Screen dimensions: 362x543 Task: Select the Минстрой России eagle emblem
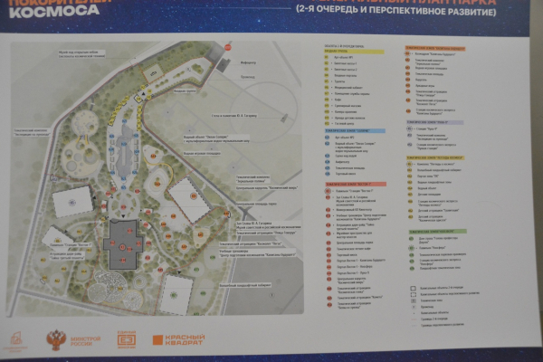coord(56,340)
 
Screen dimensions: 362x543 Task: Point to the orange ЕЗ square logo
coord(126,340)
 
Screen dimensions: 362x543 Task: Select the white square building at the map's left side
coord(71,200)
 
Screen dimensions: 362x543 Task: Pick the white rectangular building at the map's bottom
coord(176,292)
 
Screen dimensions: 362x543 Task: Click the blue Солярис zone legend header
coord(348,129)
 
